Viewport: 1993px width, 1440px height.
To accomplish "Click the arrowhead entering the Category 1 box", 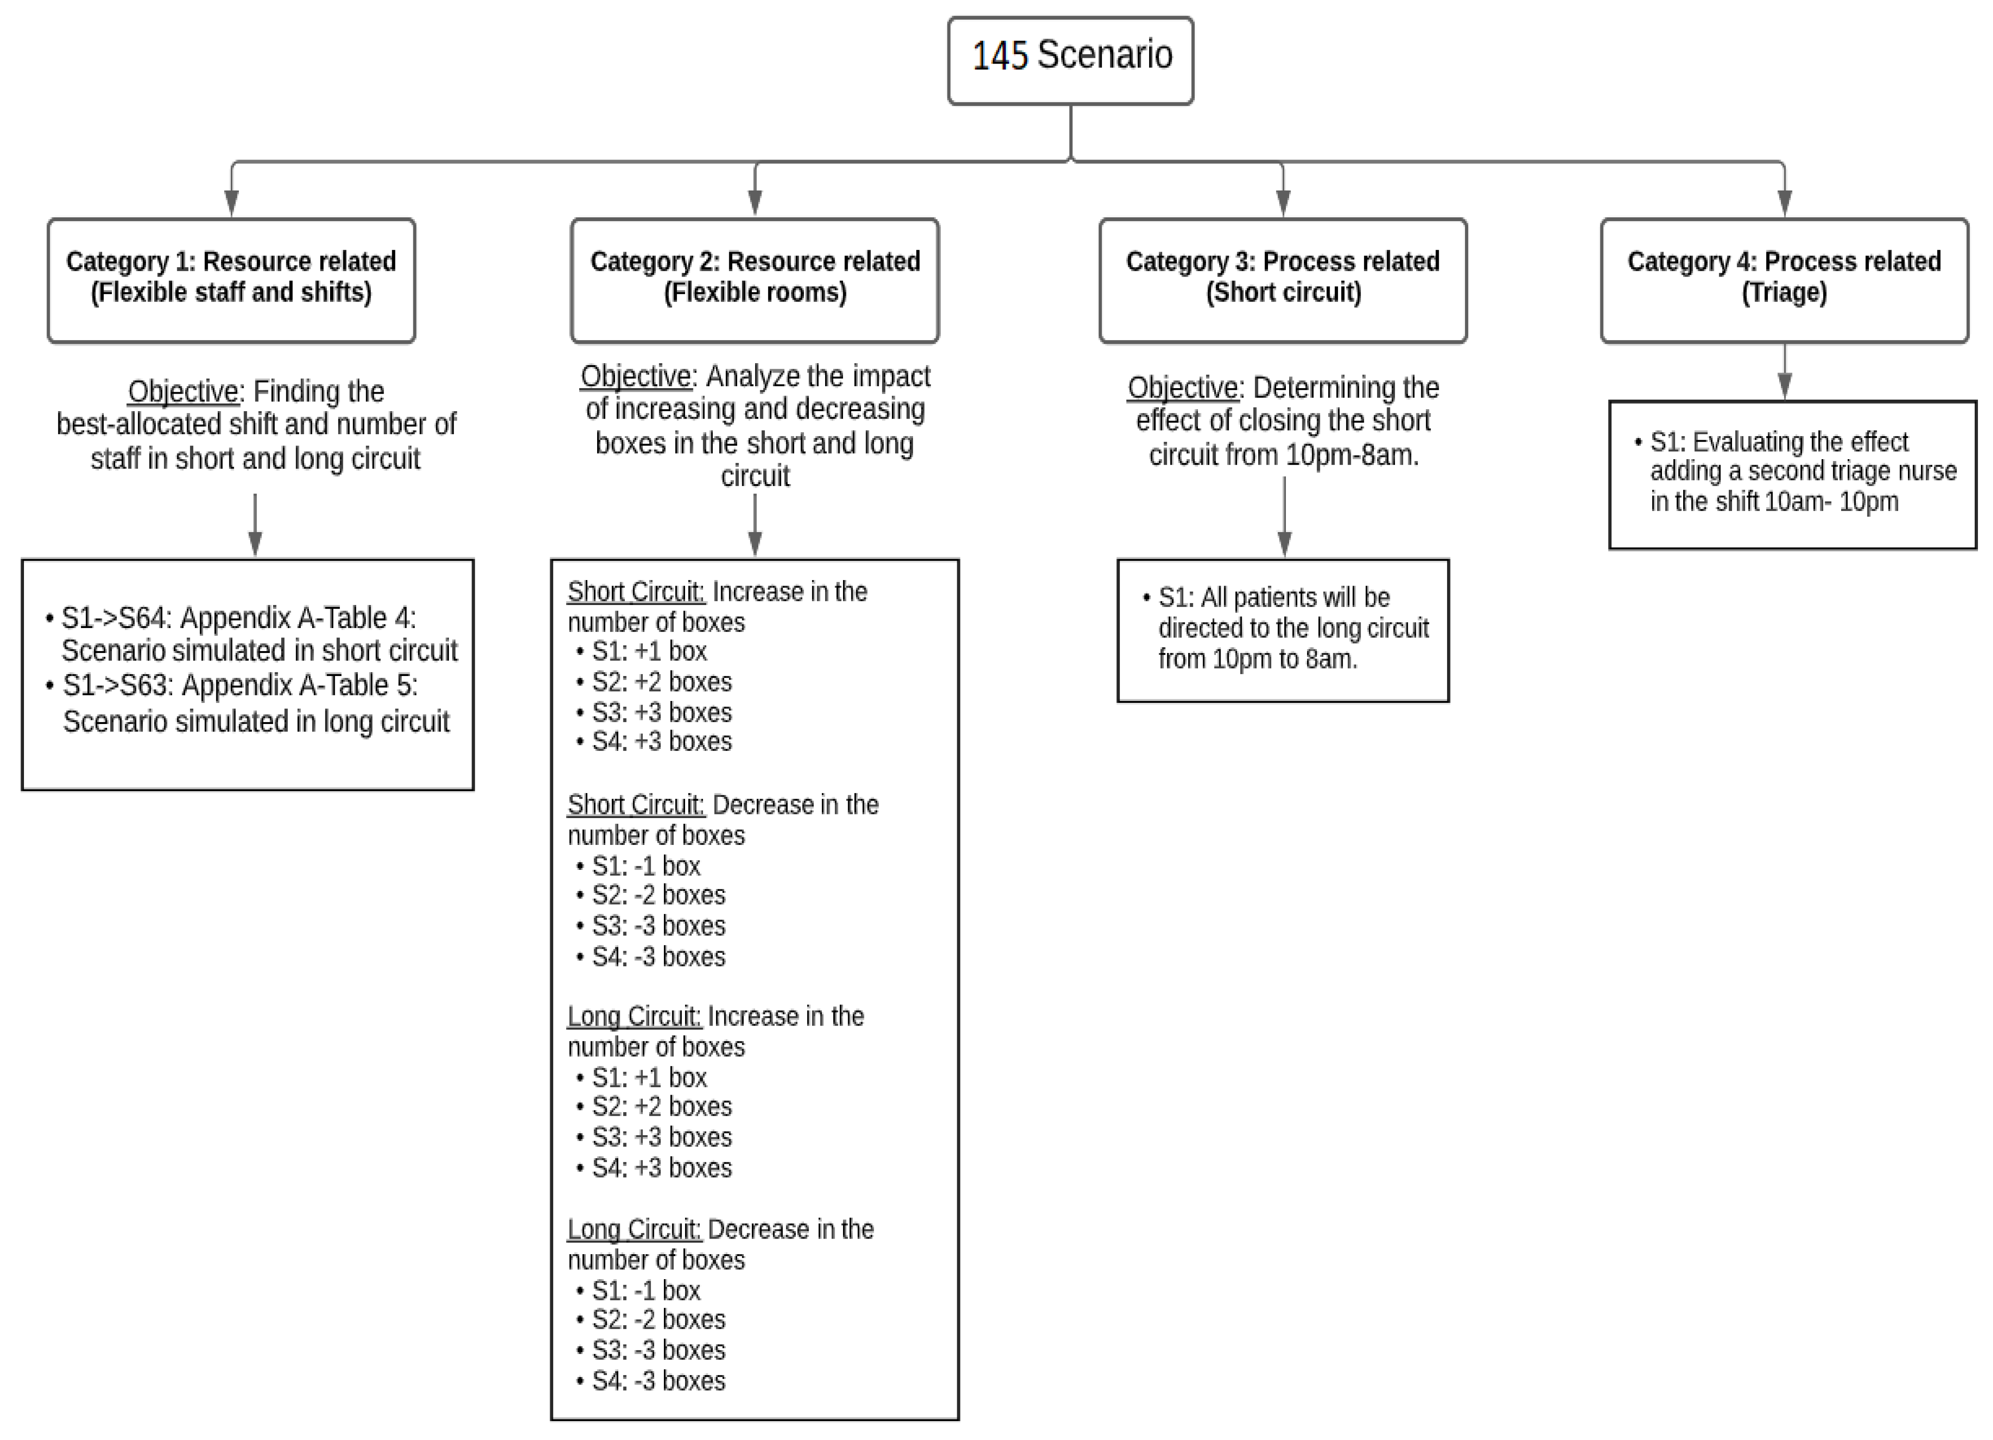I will (232, 204).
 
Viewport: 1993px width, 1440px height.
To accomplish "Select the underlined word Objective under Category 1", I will (183, 391).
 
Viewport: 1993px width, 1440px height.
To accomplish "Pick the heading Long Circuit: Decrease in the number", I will (720, 1229).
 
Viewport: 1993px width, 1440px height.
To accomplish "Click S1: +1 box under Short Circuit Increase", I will (648, 652).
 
